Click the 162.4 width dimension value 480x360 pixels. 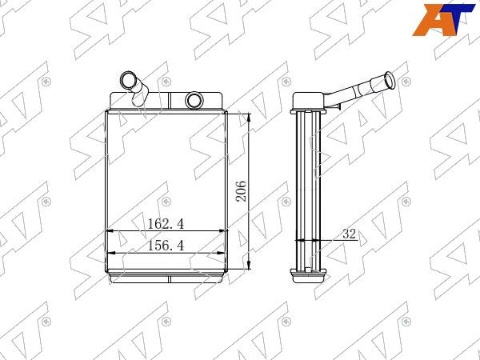166,224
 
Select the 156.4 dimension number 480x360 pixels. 166,246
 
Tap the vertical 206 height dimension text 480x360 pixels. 241,191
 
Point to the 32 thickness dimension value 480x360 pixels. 350,234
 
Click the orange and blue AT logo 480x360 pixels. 443,20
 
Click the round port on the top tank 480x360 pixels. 194,100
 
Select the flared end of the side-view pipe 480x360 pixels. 390,79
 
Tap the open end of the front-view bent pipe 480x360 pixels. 127,79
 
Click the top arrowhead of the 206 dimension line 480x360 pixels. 249,118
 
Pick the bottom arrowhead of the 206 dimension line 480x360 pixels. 249,265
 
